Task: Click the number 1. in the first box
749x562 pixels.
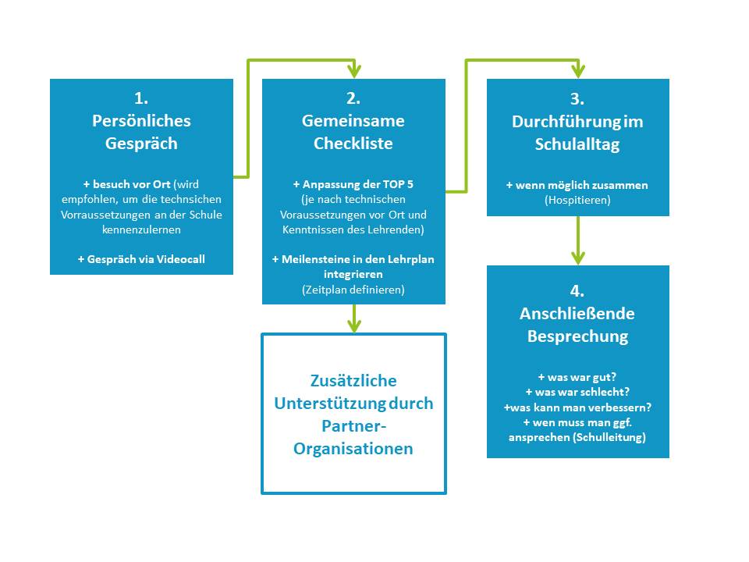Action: tap(141, 98)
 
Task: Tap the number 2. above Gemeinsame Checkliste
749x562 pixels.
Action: tap(353, 98)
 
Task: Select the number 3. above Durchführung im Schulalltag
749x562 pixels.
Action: tap(577, 99)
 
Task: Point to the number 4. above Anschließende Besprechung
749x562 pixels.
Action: tap(577, 291)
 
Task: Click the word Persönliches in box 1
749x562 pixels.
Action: tap(141, 121)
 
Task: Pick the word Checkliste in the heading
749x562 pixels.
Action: tap(353, 144)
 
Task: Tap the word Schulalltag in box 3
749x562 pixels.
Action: tap(577, 144)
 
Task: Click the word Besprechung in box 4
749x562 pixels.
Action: tap(577, 336)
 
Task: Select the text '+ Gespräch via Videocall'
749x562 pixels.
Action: tap(141, 259)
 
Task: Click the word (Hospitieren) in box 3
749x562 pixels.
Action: tap(577, 200)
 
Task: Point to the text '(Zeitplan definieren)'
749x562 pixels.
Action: tap(353, 290)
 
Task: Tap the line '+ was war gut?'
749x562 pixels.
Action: tap(577, 377)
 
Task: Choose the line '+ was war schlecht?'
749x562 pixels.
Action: tap(577, 393)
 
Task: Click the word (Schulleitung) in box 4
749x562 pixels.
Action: tap(609, 437)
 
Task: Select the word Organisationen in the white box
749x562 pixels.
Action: tap(353, 449)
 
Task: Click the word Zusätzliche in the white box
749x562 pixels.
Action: tap(353, 381)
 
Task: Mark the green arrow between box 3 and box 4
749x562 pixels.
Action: tap(578, 240)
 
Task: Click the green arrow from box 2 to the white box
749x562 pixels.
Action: tap(354, 318)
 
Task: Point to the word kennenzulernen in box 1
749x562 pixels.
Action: tap(141, 229)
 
